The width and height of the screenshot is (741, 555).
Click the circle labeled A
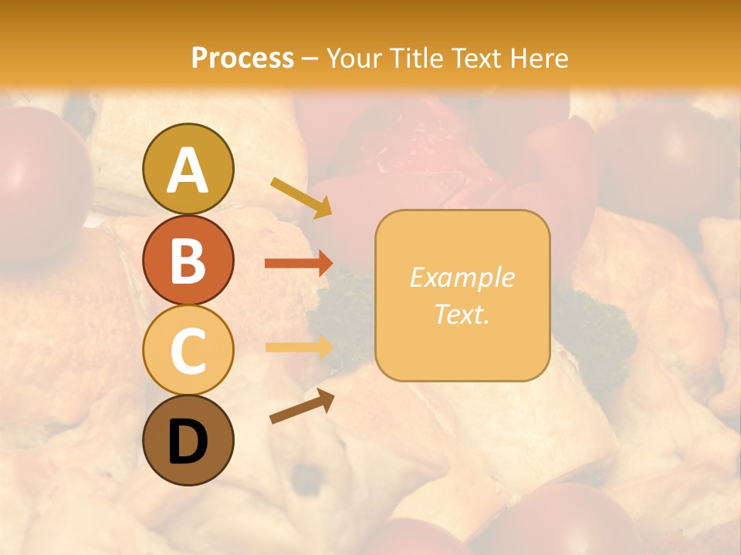[x=188, y=170]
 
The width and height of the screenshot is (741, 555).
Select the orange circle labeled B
[x=188, y=261]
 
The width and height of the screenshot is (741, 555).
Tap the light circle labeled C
[x=188, y=351]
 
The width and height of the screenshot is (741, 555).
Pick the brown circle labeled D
[x=188, y=441]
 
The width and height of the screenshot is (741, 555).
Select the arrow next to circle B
[x=299, y=264]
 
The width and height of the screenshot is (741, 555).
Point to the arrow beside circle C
[x=299, y=347]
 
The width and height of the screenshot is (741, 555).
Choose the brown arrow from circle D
[x=302, y=406]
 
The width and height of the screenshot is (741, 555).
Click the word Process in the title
[x=242, y=58]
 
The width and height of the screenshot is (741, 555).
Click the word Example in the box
[x=462, y=277]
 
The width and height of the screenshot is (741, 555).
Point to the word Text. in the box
[x=462, y=314]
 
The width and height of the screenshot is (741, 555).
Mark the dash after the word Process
[x=310, y=59]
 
